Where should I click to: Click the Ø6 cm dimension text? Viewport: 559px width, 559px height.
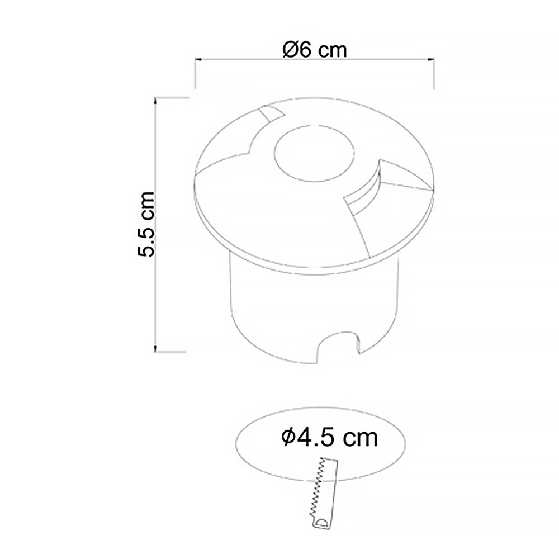coord(315,49)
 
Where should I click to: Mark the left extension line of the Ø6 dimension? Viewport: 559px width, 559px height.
coord(194,73)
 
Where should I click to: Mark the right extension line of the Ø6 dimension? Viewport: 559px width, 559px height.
coord(435,73)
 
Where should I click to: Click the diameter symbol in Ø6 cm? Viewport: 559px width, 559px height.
coord(290,49)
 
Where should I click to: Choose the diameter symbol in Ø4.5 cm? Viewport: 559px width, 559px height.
coord(289,437)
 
